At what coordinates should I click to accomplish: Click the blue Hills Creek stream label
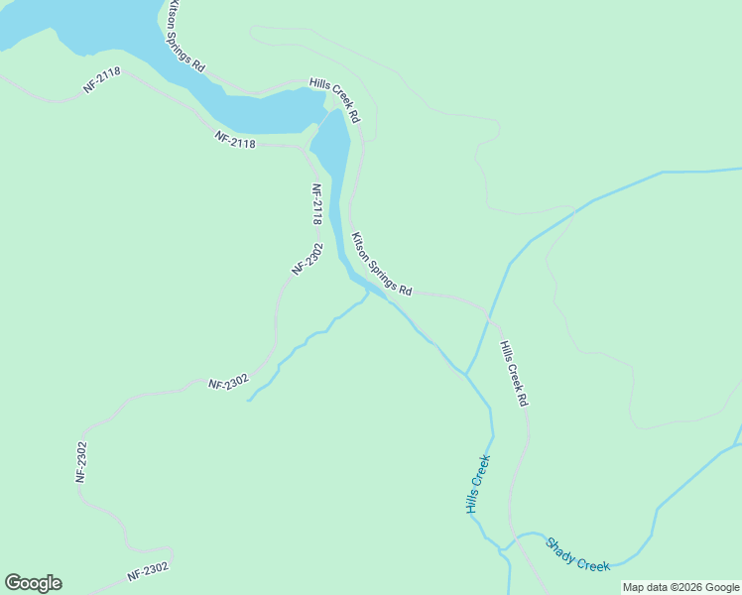pos(478,484)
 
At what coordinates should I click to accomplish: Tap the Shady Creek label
pos(577,554)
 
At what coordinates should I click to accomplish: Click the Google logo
pos(33,583)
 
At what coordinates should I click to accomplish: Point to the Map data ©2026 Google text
pos(680,587)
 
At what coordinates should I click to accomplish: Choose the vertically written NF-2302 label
pos(82,462)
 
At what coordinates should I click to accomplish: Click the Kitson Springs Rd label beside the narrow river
pos(382,265)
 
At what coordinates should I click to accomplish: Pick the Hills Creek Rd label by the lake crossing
pos(334,100)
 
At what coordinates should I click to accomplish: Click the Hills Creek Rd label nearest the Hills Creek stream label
pos(514,375)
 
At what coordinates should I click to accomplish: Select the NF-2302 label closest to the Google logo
pos(148,572)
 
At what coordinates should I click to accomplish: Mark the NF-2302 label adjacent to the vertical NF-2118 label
pos(308,258)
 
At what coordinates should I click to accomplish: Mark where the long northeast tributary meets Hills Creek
pos(465,374)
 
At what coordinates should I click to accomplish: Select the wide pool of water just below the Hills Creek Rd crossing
pos(332,149)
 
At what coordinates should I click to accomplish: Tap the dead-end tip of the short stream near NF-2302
pos(247,400)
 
